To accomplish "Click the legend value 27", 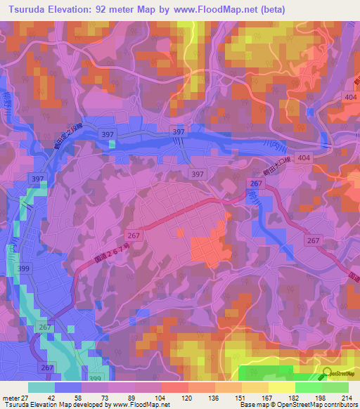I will pos(25,398).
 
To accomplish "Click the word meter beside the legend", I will pos(10,398).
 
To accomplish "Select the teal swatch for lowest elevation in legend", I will pos(41,387).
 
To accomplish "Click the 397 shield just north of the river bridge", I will pos(179,132).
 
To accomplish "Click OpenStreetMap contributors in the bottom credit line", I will pos(310,405).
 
